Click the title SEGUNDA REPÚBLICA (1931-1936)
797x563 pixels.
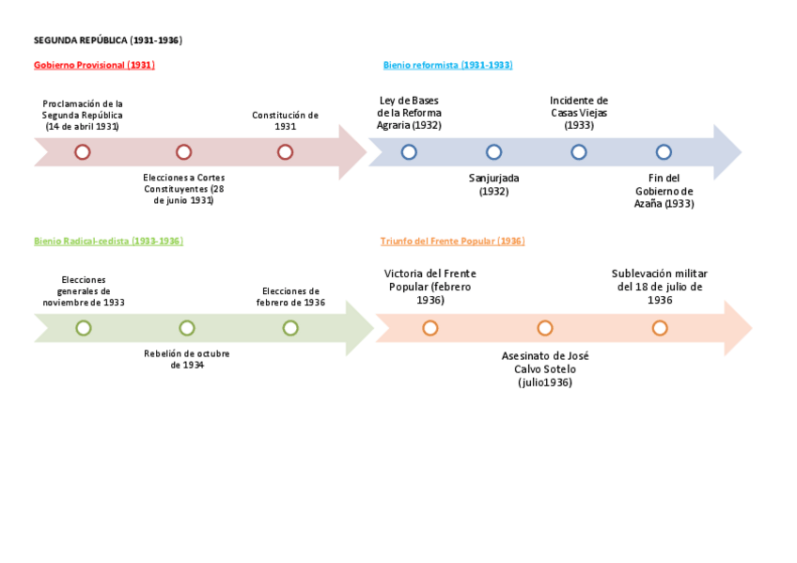click(x=107, y=40)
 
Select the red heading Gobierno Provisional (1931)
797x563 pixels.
click(x=94, y=65)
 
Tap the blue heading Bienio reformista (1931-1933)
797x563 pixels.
click(x=447, y=65)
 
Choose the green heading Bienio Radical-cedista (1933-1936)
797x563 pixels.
click(x=108, y=241)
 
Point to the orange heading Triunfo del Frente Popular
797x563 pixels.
click(x=452, y=241)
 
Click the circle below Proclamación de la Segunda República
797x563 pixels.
click(x=83, y=152)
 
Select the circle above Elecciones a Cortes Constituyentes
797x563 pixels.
click(x=184, y=152)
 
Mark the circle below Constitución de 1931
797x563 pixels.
click(x=285, y=152)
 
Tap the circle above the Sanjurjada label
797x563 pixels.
click(x=493, y=152)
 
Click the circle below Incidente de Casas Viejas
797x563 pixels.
click(x=579, y=152)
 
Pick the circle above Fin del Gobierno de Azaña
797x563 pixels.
click(x=664, y=152)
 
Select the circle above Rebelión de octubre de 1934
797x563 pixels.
click(x=187, y=328)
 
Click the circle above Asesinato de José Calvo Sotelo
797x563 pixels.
click(x=545, y=328)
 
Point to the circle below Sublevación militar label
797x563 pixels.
click(x=660, y=328)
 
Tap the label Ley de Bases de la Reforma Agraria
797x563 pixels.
click(x=409, y=113)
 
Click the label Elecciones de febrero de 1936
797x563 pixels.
click(x=290, y=297)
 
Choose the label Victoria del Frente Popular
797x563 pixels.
click(x=430, y=287)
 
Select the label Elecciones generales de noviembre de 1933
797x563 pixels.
click(x=83, y=291)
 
